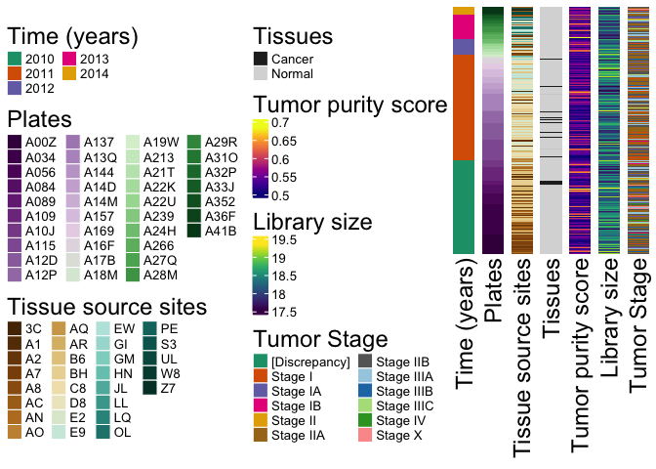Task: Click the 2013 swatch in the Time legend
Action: tap(70, 59)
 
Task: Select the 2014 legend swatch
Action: tap(70, 73)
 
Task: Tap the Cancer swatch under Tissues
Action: tap(261, 59)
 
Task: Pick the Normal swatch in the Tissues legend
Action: tap(261, 73)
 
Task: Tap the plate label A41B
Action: tap(220, 231)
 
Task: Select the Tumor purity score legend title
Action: tap(349, 105)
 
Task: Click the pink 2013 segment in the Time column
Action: tap(464, 26)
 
